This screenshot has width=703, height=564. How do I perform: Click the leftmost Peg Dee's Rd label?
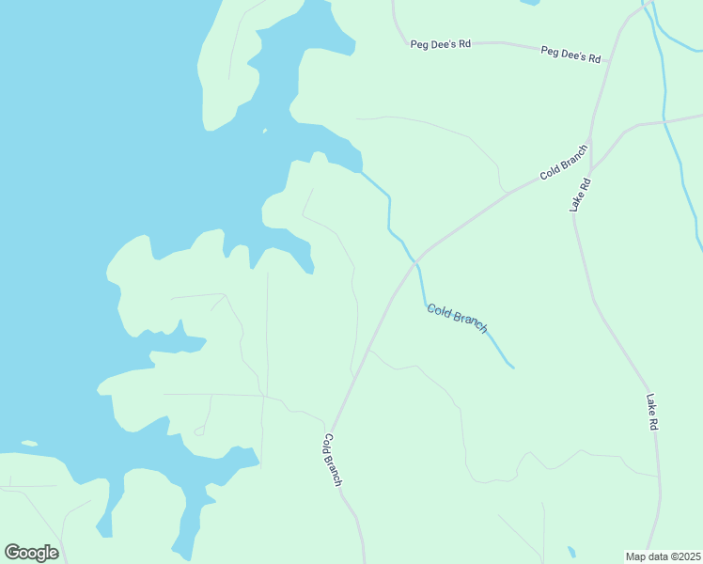click(440, 43)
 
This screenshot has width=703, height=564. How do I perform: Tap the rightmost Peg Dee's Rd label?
click(570, 54)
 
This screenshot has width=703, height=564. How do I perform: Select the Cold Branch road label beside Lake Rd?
click(564, 161)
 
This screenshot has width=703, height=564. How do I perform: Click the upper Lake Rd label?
click(583, 195)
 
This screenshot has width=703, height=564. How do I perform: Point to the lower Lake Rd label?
click(651, 412)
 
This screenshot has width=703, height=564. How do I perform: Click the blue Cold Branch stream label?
click(457, 318)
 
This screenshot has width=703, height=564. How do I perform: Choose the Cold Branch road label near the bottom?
click(333, 460)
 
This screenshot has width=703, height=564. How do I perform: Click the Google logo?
click(31, 552)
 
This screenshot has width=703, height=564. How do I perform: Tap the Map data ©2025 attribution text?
click(664, 556)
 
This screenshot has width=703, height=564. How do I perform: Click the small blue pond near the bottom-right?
click(571, 551)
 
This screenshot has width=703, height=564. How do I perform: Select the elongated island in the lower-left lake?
click(29, 443)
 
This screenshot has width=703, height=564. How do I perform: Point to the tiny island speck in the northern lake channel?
click(265, 131)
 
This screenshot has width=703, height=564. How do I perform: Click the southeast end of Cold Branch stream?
click(512, 366)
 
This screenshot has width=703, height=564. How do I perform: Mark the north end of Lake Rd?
click(590, 141)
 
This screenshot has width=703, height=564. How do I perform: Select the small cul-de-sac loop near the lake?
click(199, 431)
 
